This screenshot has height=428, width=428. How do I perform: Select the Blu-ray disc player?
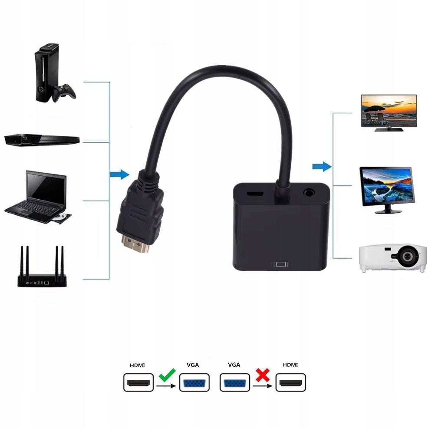click(x=42, y=140)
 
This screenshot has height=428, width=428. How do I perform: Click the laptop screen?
click(x=46, y=187)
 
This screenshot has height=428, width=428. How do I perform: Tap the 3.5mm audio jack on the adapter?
click(x=309, y=191)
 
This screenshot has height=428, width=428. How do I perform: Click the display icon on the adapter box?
click(x=281, y=263)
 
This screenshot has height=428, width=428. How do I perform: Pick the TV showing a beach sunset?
click(x=388, y=112)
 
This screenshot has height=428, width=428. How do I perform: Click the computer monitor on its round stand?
click(x=387, y=189)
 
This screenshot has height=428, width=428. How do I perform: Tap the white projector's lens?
click(x=407, y=257)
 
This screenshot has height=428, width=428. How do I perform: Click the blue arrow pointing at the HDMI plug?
click(x=119, y=174)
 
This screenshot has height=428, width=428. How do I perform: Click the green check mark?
click(x=167, y=374)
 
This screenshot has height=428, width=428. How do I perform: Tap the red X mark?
click(x=262, y=375)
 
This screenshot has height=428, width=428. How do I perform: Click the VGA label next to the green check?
click(x=193, y=365)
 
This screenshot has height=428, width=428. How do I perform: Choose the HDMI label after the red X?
click(x=290, y=365)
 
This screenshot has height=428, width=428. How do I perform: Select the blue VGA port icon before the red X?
click(x=235, y=382)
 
